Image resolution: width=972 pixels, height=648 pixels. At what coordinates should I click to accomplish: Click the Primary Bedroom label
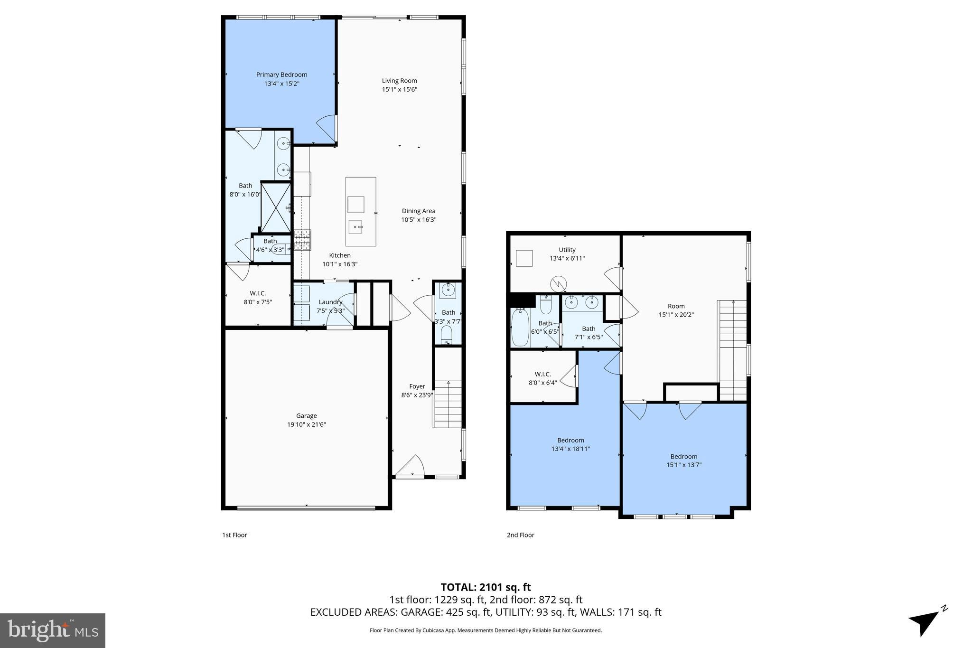pos(281,75)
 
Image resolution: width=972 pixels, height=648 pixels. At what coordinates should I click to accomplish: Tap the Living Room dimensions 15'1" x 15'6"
pos(399,90)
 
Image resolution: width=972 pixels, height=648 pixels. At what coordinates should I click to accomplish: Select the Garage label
pos(306,416)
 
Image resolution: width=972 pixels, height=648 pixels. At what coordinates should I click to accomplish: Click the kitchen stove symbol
pos(302,240)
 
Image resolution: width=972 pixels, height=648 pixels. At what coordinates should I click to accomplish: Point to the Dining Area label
pos(418,211)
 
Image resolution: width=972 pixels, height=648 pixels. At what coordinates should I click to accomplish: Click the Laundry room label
pos(330,302)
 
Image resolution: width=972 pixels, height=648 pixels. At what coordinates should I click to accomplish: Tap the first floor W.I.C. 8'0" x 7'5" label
pos(258,298)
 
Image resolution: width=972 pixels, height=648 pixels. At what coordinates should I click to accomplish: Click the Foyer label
pos(417,386)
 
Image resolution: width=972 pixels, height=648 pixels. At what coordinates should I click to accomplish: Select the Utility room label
pos(567,250)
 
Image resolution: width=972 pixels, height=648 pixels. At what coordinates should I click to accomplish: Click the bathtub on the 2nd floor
pos(520,328)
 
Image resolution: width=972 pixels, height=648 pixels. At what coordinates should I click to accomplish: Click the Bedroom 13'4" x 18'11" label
pos(570,444)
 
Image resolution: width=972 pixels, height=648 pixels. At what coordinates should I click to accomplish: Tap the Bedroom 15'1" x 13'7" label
pos(683,460)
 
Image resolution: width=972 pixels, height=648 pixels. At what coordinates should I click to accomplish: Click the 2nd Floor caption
pos(520,535)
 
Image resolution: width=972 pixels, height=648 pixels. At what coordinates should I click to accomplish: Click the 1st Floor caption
pos(234,535)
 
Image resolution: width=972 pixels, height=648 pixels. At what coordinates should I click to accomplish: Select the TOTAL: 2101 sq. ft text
pos(486,587)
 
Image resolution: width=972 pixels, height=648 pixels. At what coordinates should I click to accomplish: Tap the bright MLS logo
pos(53,630)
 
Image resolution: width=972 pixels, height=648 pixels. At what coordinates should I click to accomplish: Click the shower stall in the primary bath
pos(276,208)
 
